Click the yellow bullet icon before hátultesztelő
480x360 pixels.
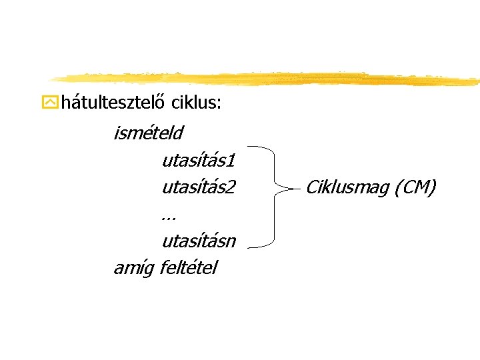click(49, 103)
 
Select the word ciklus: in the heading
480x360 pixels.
click(197, 103)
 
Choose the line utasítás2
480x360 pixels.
click(198, 187)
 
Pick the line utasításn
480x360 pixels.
click(198, 241)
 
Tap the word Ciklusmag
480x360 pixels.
click(347, 188)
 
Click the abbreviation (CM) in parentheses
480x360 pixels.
click(415, 188)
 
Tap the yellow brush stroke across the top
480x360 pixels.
click(267, 77)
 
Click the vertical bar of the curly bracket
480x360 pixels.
click(275, 213)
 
